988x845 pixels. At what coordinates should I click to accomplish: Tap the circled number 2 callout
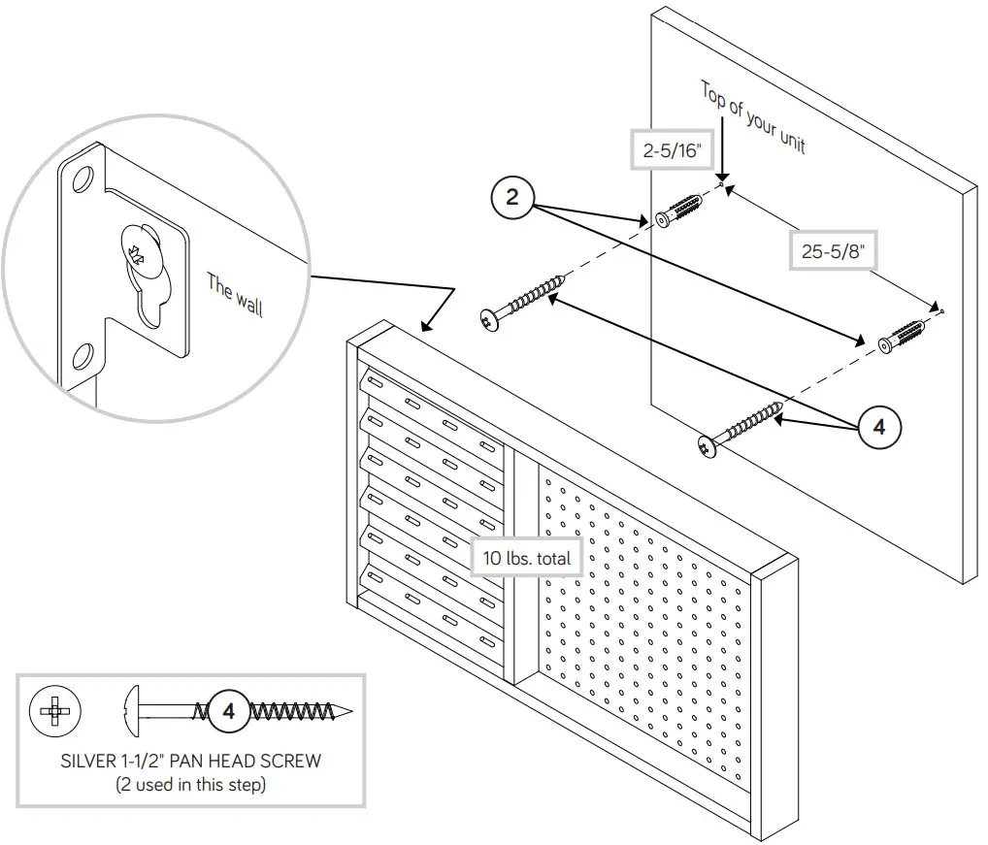click(x=512, y=200)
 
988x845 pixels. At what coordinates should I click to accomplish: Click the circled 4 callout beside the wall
click(x=878, y=428)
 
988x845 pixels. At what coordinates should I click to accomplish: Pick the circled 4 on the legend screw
click(x=229, y=710)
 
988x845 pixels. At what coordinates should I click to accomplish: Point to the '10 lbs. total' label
click(x=526, y=558)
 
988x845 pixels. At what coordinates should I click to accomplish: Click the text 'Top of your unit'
click(x=752, y=118)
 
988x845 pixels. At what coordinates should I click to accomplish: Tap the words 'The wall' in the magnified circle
click(x=234, y=295)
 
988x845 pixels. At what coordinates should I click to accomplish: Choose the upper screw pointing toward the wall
click(x=524, y=300)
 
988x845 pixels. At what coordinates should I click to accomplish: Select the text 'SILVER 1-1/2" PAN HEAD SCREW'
click(x=190, y=761)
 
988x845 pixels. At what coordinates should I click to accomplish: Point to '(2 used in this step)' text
click(x=190, y=784)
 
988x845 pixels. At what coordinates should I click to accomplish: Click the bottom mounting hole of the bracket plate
click(x=84, y=354)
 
